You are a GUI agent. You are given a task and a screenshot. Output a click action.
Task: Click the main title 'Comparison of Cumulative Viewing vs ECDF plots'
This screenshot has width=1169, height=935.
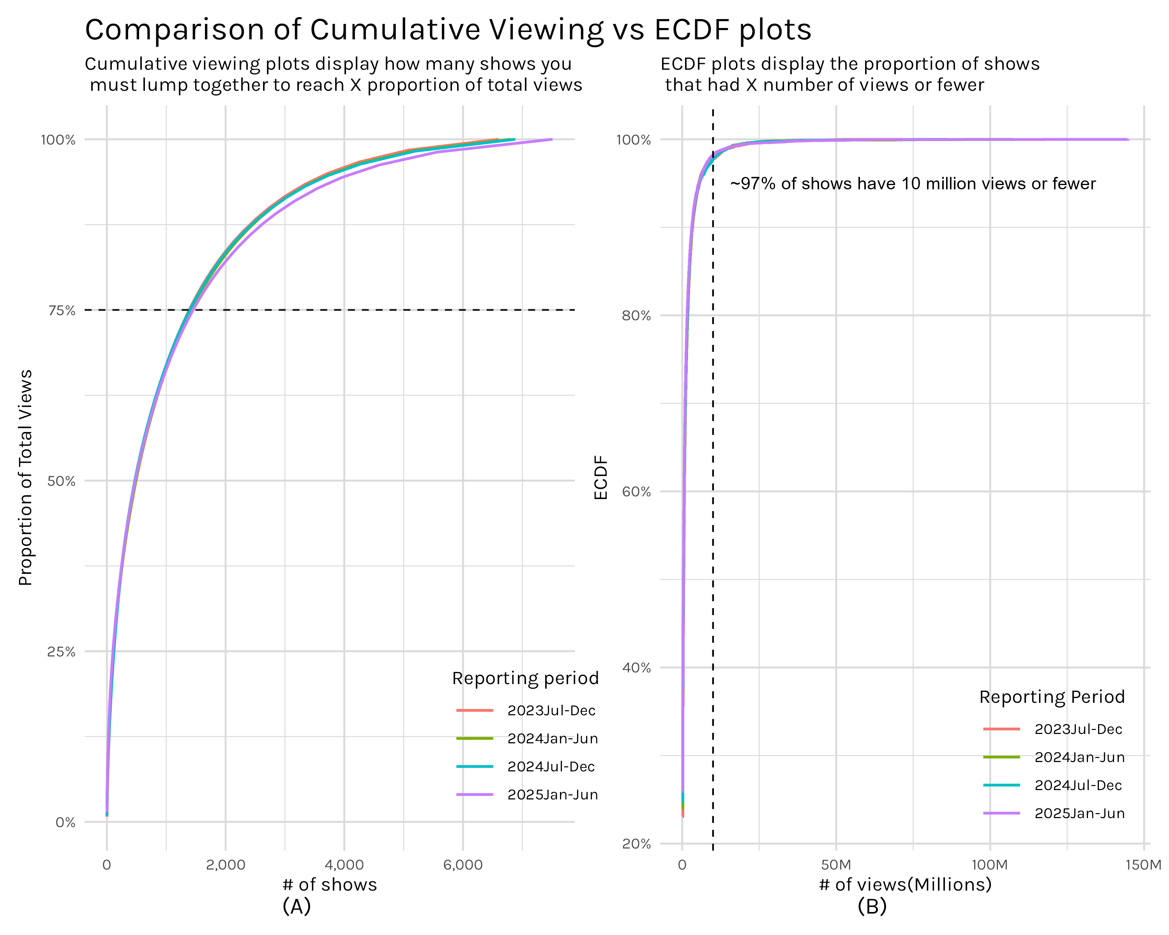(x=448, y=30)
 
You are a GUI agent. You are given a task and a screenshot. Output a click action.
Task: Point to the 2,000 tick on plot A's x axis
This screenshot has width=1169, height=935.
(x=226, y=864)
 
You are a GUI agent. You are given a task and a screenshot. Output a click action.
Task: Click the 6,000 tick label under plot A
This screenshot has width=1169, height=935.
(x=463, y=864)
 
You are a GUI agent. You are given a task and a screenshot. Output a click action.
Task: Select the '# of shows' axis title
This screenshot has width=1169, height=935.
(x=330, y=885)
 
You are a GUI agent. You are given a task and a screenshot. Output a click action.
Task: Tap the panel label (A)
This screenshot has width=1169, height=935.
(x=297, y=906)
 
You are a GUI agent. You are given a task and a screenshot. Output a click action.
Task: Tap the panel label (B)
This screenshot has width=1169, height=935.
(x=872, y=906)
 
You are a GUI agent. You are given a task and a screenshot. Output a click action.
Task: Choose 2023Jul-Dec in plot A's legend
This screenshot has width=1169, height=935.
(x=551, y=711)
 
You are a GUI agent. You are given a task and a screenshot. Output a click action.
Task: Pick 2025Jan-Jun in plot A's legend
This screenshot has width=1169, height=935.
(x=552, y=795)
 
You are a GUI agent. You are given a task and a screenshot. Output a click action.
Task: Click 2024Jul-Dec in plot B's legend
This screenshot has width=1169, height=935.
(x=1078, y=785)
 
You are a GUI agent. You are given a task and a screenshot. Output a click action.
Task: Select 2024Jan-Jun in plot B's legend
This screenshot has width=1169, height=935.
(x=1079, y=757)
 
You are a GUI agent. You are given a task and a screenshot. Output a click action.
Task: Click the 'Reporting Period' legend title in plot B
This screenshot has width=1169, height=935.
(x=1052, y=697)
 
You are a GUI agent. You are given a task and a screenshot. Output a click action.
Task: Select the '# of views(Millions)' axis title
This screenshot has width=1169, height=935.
(x=905, y=885)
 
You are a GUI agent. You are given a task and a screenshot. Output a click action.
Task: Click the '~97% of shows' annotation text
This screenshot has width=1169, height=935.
(x=913, y=184)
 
